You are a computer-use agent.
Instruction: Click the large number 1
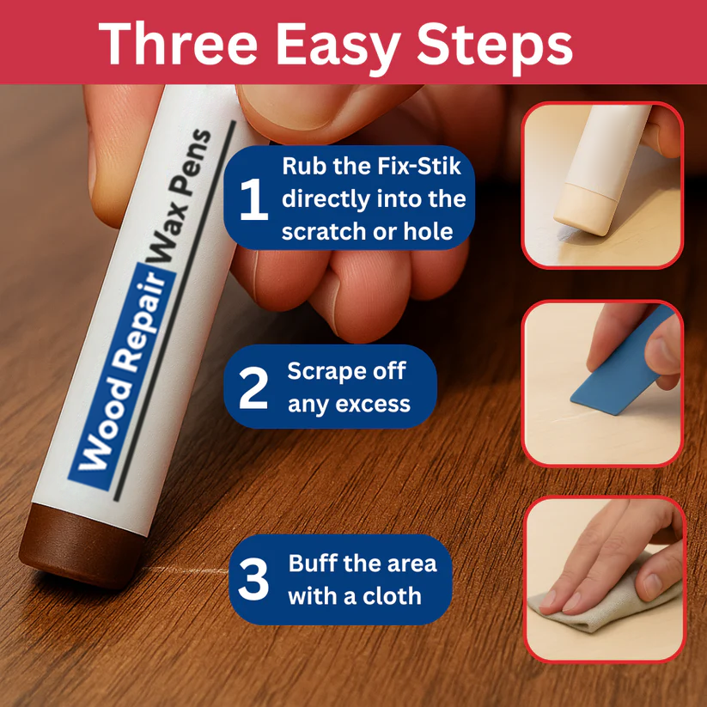click(253, 199)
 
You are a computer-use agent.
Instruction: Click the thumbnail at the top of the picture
click(602, 184)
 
